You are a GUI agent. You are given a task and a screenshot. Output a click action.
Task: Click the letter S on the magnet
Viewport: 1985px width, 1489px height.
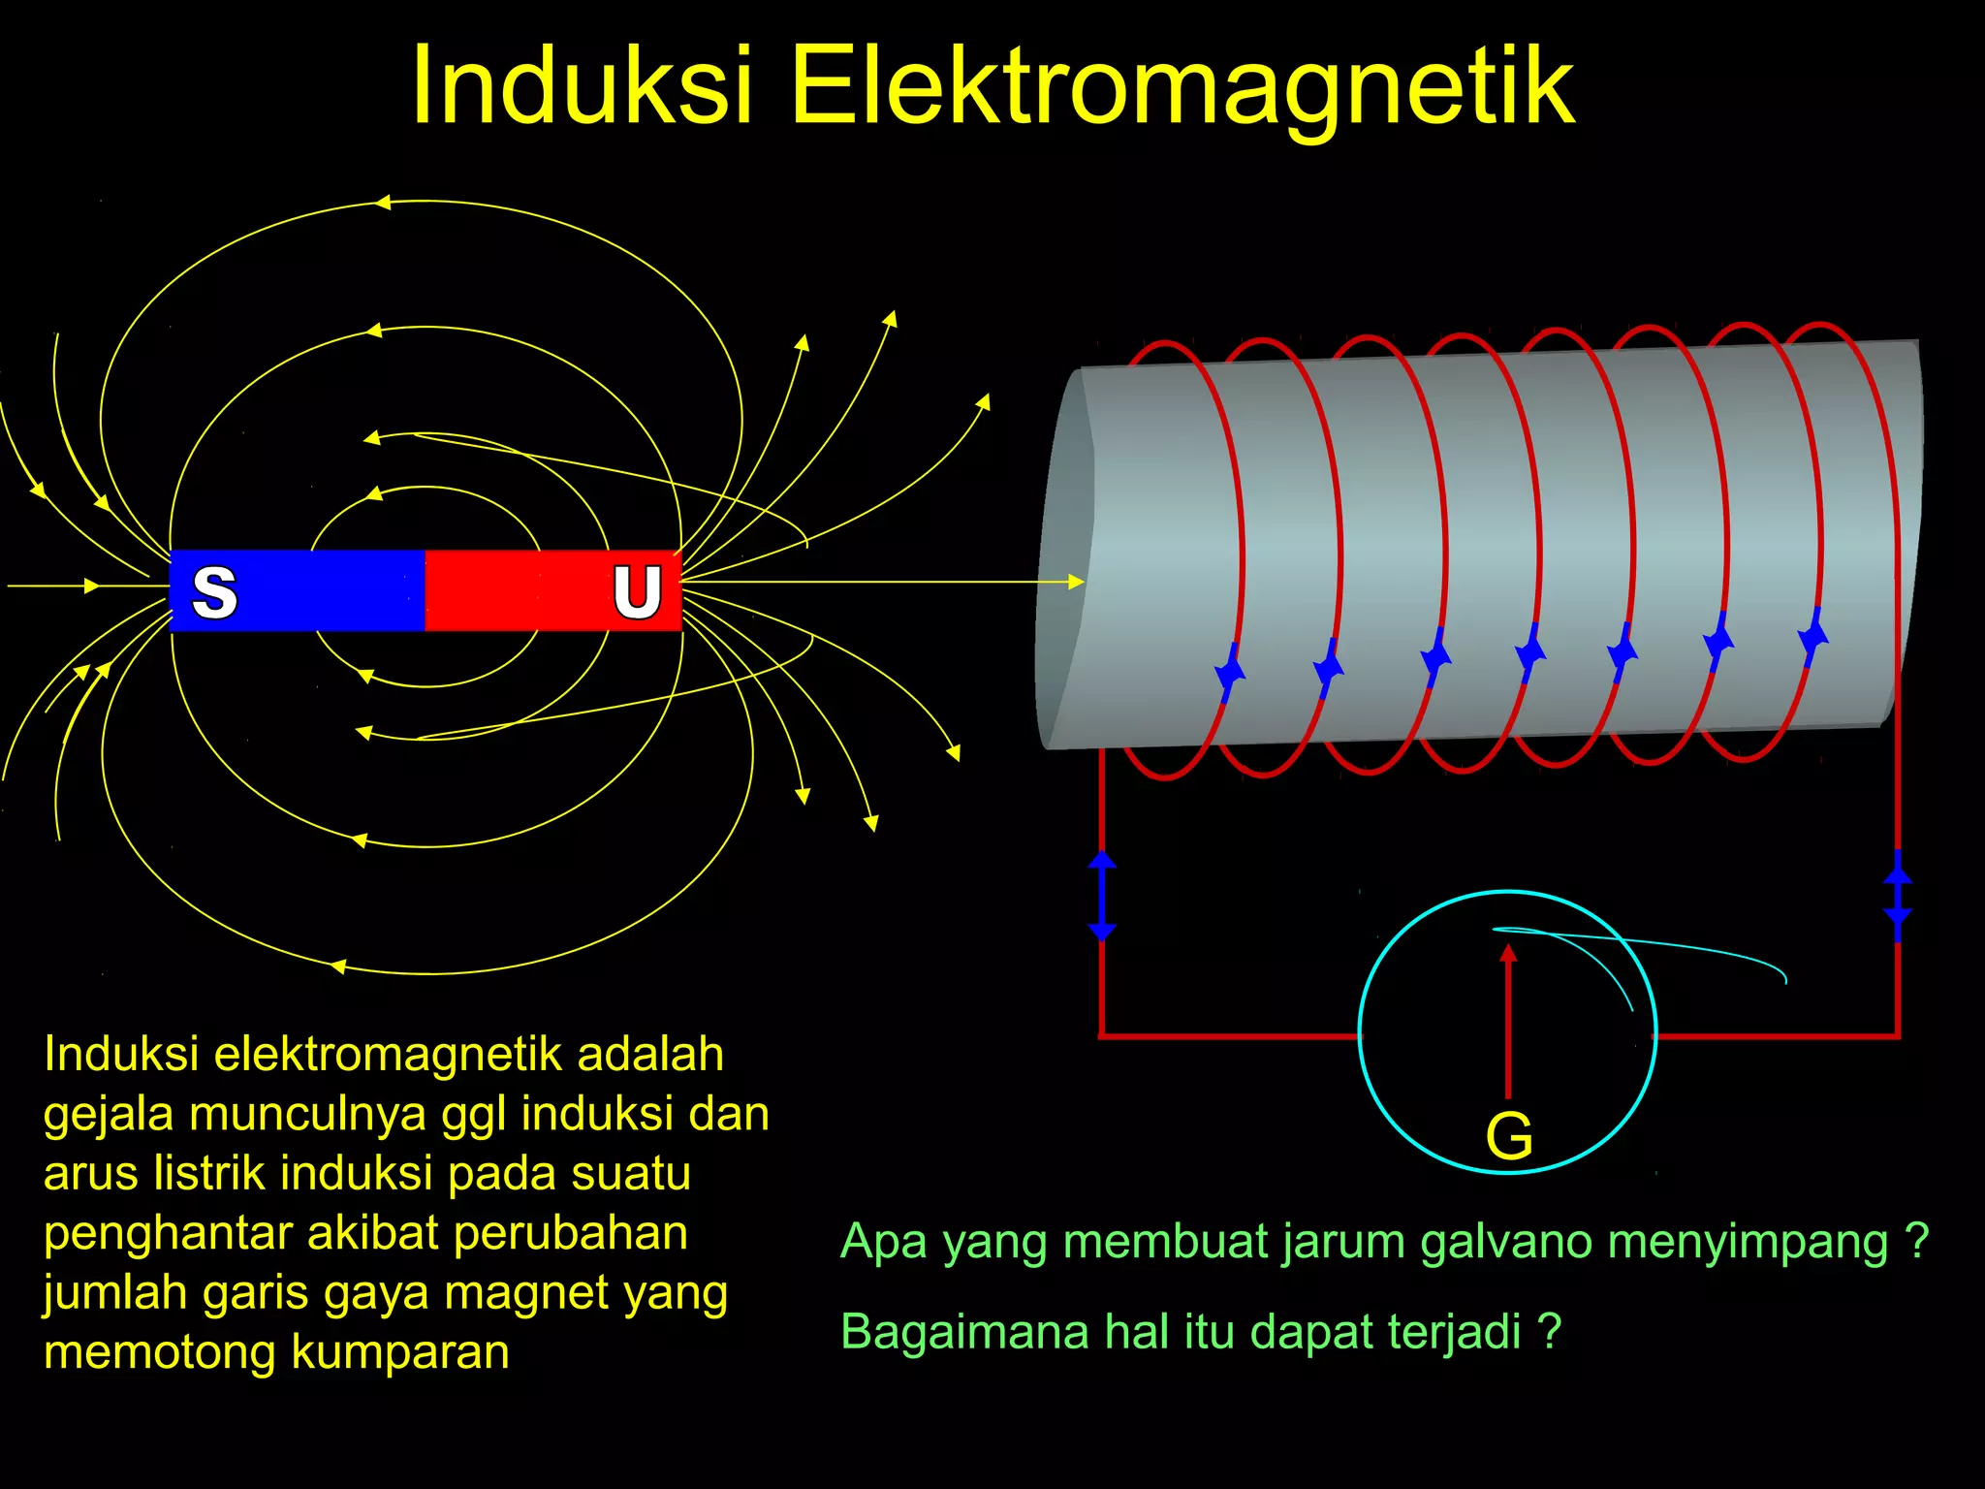pos(214,591)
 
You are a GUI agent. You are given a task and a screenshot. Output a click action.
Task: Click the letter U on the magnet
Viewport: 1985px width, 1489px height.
pos(637,591)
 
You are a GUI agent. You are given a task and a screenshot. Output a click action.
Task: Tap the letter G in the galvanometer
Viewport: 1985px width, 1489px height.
pos(1509,1136)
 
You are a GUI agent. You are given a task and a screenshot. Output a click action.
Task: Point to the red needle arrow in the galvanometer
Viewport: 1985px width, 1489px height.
pos(1508,1018)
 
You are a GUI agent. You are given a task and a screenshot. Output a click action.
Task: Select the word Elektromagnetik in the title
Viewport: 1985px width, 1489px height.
pos(1183,87)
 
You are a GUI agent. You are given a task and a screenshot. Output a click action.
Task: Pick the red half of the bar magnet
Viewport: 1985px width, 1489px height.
pos(514,590)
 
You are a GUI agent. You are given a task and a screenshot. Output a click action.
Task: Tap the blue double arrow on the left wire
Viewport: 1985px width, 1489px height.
pos(1102,895)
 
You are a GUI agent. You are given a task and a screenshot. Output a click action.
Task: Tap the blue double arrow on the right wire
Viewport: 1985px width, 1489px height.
pos(1898,895)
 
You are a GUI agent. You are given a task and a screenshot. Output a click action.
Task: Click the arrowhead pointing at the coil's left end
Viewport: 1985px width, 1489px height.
pos(1075,582)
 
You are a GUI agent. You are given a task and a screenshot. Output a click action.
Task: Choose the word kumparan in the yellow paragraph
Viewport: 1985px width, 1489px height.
pos(400,1352)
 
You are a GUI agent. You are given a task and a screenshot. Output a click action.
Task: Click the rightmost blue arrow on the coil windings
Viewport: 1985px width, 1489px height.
pos(1813,636)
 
